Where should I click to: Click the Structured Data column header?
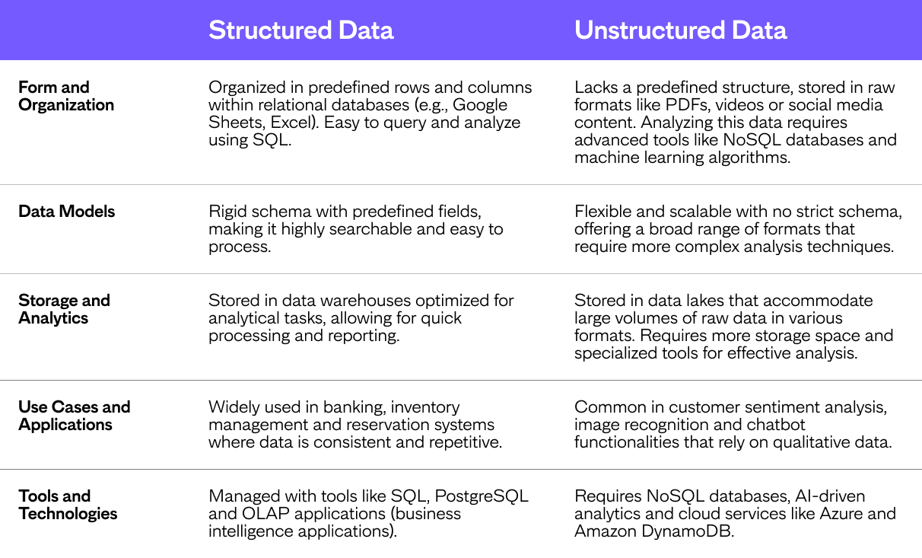(x=301, y=30)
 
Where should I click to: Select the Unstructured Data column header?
(x=680, y=30)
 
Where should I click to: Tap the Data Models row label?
(x=67, y=212)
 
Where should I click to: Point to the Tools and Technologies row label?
(x=68, y=505)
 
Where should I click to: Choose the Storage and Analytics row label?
(x=64, y=309)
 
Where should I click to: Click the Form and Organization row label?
(x=66, y=96)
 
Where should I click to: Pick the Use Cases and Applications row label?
(x=75, y=416)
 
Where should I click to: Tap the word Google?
(x=479, y=105)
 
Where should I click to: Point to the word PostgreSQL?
(x=482, y=496)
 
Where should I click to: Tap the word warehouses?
(x=365, y=301)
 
